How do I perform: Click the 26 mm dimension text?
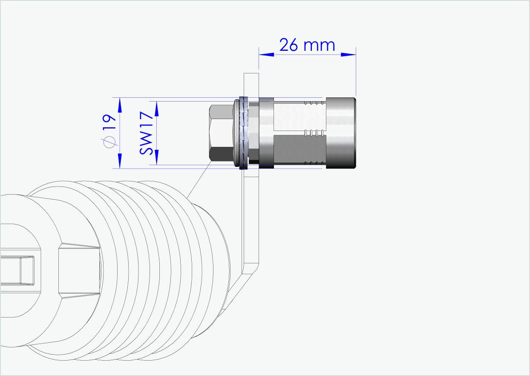point(307,44)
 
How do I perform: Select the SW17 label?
point(146,133)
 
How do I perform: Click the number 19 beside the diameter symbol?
point(109,123)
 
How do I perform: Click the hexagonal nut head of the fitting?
point(222,133)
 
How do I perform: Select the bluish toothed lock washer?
point(244,133)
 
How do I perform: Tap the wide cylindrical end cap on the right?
point(341,133)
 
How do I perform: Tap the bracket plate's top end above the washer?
point(251,83)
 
